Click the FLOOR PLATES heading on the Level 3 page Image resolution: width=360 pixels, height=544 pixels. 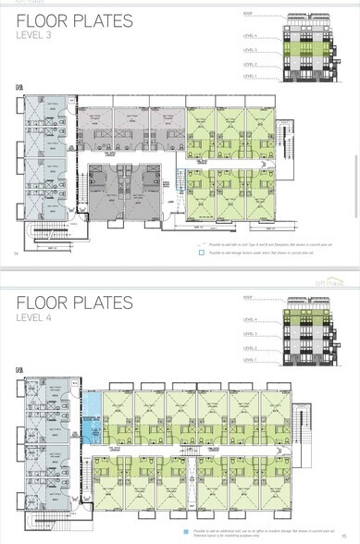74,21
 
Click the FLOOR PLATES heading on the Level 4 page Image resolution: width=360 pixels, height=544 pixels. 74,303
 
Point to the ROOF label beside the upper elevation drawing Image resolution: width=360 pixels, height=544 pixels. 248,14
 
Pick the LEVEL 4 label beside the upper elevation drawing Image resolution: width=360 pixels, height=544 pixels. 250,34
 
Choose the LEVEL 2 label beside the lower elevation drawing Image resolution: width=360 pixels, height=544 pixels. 250,348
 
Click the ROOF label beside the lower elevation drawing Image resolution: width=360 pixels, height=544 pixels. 248,298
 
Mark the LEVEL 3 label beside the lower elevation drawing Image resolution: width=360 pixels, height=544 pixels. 250,334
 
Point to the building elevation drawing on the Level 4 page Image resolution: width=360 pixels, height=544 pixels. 317,329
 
